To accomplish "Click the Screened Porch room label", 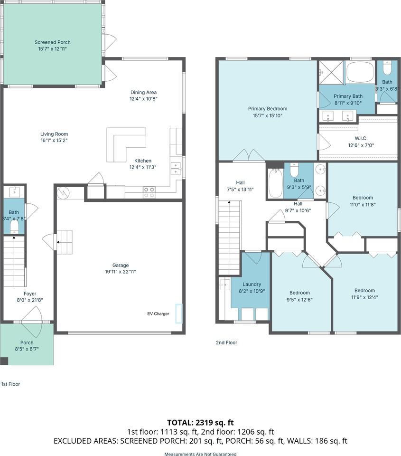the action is click(53, 42).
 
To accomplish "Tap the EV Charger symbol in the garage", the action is click(179, 313).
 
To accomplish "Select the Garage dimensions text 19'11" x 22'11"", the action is click(121, 272).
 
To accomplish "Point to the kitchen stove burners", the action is click(149, 192).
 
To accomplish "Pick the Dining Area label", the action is click(143, 92).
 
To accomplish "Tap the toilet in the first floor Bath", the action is click(14, 228).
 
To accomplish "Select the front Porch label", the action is click(27, 342).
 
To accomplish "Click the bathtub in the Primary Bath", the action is click(360, 72).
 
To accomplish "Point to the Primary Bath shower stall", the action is click(332, 72).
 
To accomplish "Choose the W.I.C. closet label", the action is click(361, 138).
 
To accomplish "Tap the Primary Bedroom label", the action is click(268, 108).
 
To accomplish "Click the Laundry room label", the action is click(252, 284).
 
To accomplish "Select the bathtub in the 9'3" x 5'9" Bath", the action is click(274, 183).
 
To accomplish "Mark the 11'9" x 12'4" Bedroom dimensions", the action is click(364, 297).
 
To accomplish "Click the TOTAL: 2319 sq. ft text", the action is click(200, 423).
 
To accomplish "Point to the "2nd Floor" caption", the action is click(227, 342).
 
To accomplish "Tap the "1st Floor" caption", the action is click(11, 384).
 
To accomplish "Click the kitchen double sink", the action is click(176, 169).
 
